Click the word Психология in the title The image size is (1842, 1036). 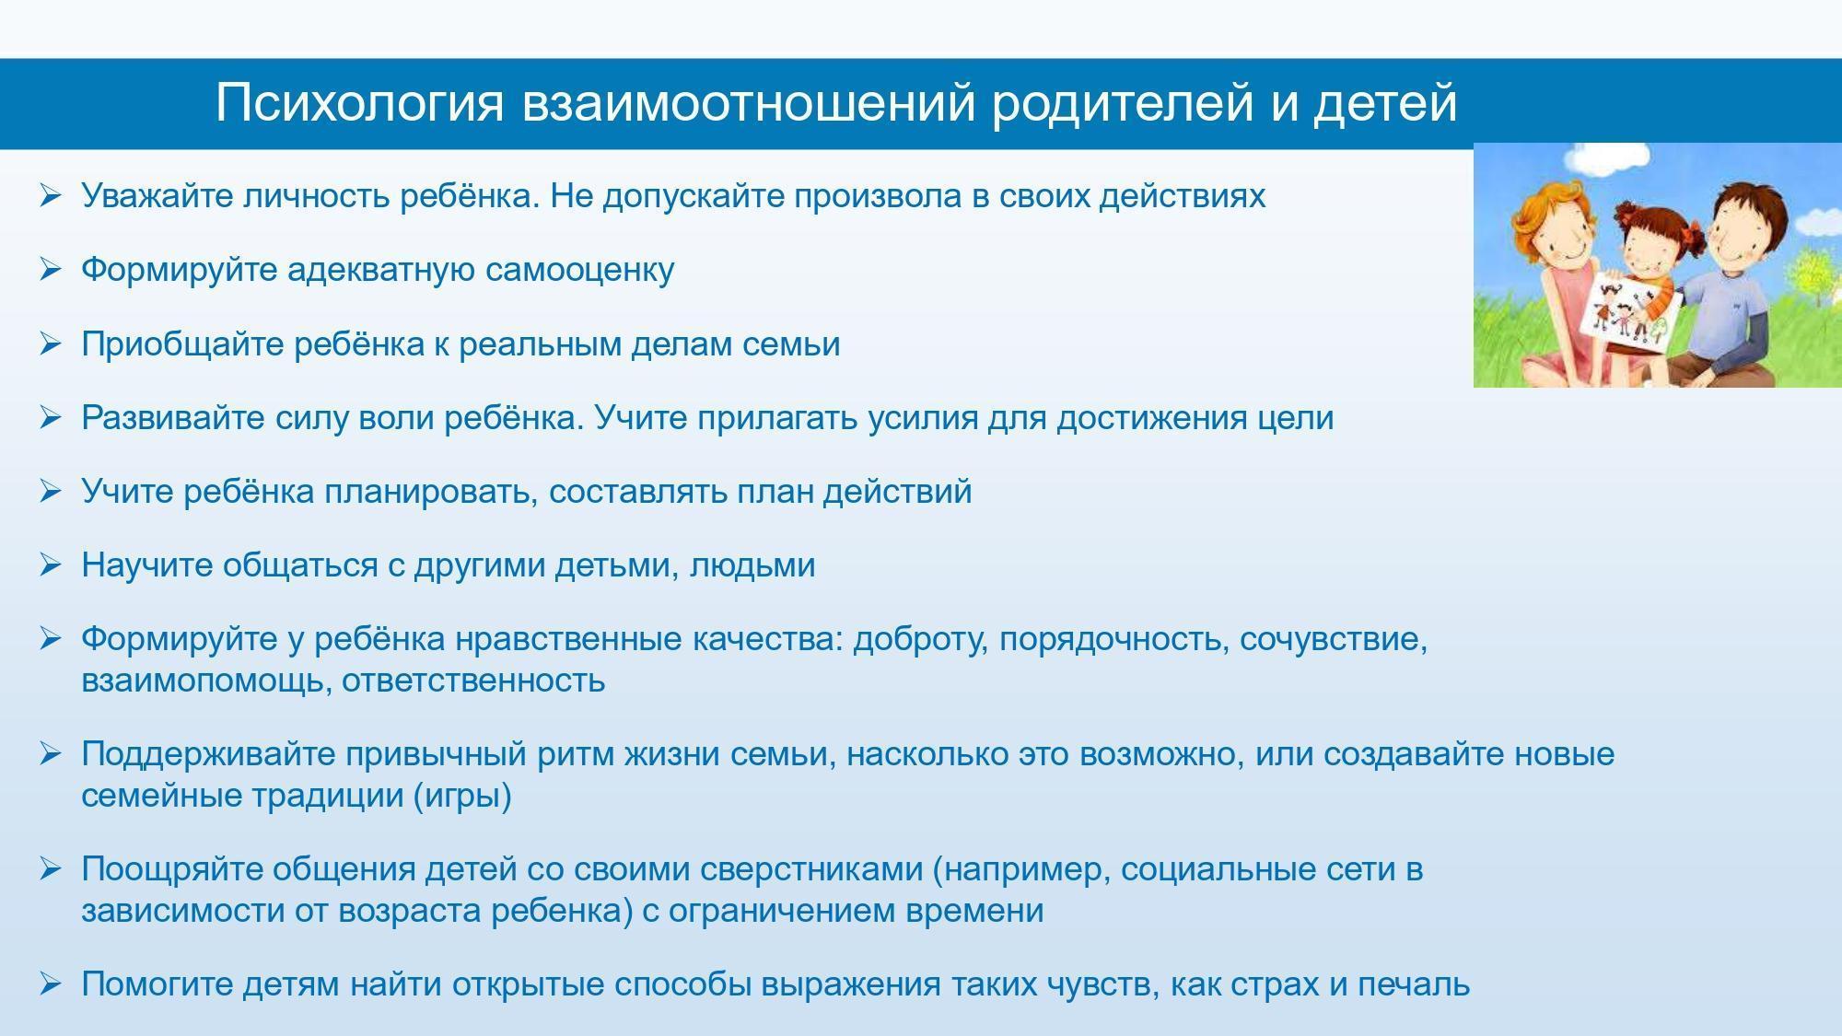(360, 103)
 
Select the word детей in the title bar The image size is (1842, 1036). (1385, 103)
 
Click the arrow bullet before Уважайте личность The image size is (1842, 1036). (51, 195)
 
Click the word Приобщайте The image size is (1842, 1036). (182, 344)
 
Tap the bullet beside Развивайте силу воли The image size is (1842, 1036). (51, 417)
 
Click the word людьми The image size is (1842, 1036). (752, 565)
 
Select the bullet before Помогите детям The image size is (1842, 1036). (51, 984)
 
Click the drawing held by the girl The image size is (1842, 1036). (1625, 313)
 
